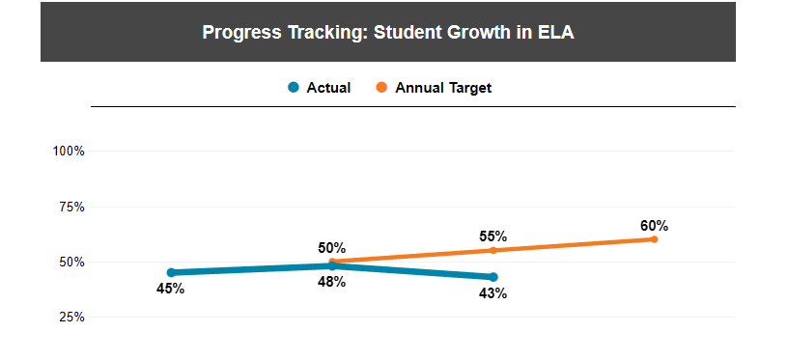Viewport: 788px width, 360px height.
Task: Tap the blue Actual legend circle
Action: coord(294,88)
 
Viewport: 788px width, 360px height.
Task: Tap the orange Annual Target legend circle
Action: coord(381,88)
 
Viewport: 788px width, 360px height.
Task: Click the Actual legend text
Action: coord(328,88)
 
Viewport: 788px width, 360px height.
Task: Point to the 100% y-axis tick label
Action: coord(69,152)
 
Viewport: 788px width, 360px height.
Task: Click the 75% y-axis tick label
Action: coord(71,207)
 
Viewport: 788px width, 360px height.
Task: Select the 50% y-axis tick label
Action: coord(71,262)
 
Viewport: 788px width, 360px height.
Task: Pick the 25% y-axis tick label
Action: coord(71,317)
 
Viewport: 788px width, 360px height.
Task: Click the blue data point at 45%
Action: coord(171,272)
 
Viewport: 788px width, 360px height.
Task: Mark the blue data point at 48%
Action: coord(332,265)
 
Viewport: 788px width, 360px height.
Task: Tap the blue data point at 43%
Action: coord(493,277)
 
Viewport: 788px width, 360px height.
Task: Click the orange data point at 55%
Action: coord(493,250)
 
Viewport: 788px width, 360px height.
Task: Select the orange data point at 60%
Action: coord(654,239)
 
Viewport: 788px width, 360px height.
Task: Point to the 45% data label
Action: coord(171,289)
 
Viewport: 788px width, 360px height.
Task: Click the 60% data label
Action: coord(654,226)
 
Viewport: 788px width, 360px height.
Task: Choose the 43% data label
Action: coord(493,293)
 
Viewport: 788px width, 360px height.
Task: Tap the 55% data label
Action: coord(493,236)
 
